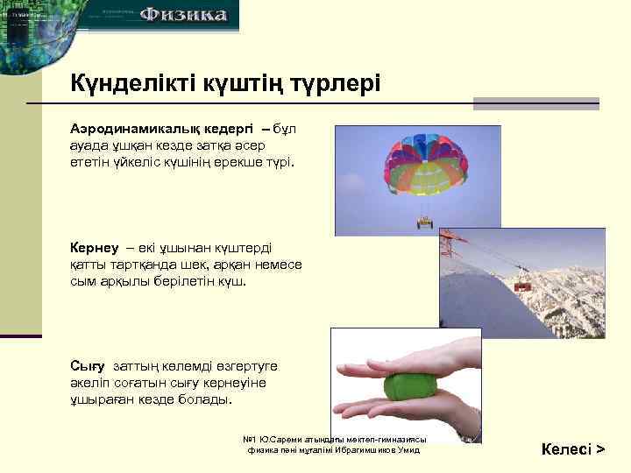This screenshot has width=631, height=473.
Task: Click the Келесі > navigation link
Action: pos(573,449)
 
